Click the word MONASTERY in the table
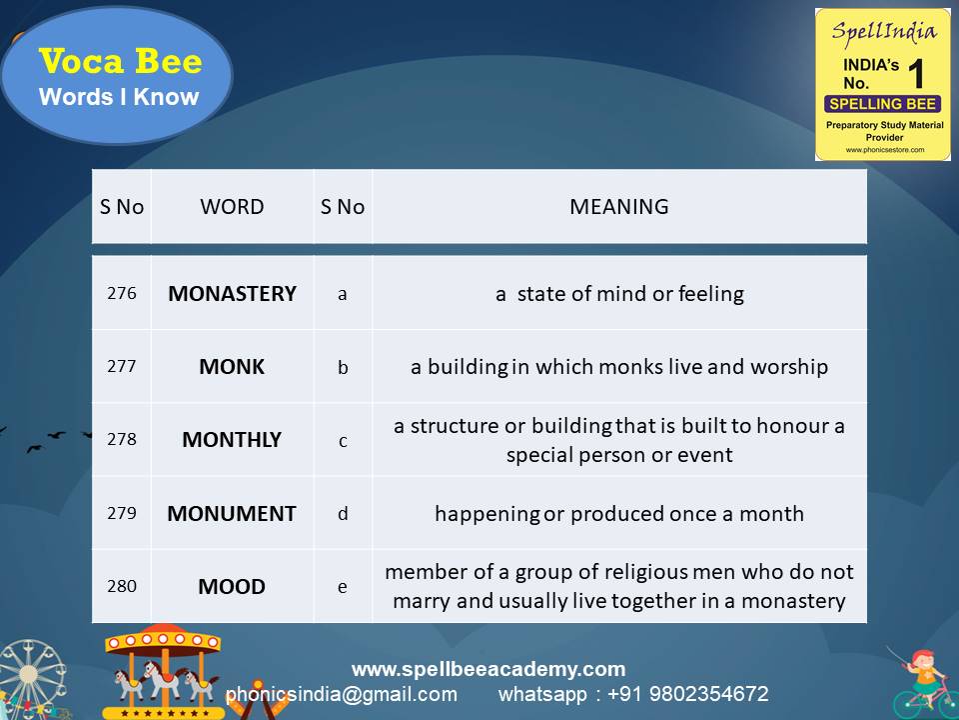(x=232, y=294)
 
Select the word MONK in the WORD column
(x=232, y=367)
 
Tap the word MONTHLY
(x=232, y=440)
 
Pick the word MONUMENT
(x=232, y=514)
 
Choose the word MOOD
(x=232, y=587)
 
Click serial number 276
(x=121, y=294)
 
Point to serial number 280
(x=121, y=587)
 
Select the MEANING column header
(x=618, y=207)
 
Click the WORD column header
(x=232, y=207)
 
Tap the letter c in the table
(x=343, y=440)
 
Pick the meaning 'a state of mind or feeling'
(x=619, y=294)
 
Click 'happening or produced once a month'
(x=619, y=514)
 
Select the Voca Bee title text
(x=120, y=62)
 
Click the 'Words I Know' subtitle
(x=119, y=98)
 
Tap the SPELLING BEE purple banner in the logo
(x=882, y=104)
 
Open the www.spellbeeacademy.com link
(x=488, y=669)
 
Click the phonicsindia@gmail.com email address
(x=342, y=694)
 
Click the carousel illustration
(x=165, y=670)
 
